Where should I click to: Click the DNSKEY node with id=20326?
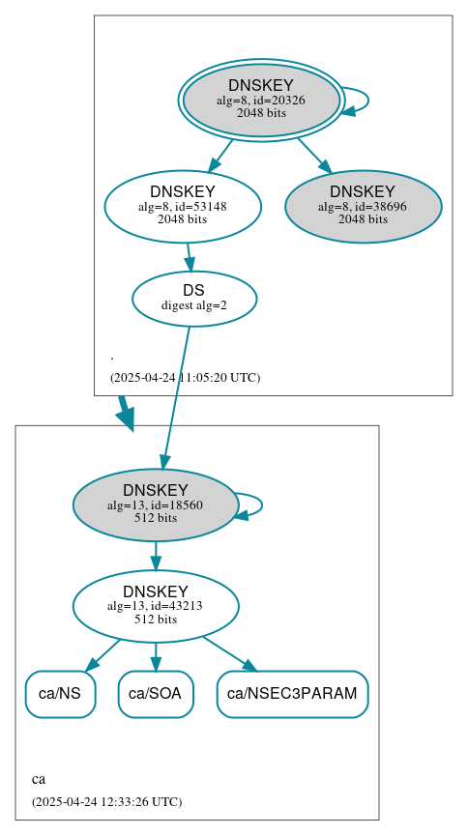click(x=261, y=100)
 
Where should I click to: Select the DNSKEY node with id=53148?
click(x=183, y=206)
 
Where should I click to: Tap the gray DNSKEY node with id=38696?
click(x=363, y=206)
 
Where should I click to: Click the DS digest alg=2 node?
click(x=193, y=299)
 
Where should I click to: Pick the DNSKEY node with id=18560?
click(x=155, y=504)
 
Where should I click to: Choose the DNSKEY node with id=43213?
click(x=155, y=606)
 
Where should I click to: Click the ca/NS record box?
click(x=60, y=694)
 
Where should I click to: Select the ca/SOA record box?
click(x=156, y=694)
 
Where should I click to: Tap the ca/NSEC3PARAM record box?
click(x=292, y=694)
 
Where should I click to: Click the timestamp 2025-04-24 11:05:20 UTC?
click(x=185, y=378)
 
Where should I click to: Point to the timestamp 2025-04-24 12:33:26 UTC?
click(x=106, y=802)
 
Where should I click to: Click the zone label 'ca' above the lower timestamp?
click(x=39, y=779)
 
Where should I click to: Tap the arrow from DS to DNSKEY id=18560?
click(x=176, y=396)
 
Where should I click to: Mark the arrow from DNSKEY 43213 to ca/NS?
click(x=104, y=653)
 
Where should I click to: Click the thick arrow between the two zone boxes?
click(x=125, y=412)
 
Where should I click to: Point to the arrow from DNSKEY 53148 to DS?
click(x=190, y=256)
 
